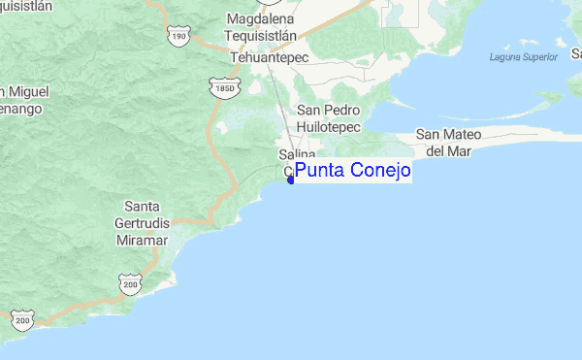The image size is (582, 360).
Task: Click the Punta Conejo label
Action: coord(352,171)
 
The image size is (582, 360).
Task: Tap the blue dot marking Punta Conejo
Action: coord(291,179)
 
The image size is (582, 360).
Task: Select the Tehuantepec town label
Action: coord(268,58)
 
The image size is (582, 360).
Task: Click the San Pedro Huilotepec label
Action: coord(328,119)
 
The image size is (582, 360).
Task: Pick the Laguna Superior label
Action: coord(524,57)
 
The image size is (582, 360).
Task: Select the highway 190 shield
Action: coord(178,36)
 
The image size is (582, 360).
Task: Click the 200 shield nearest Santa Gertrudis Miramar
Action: coord(131,282)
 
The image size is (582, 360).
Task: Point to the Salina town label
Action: coord(298,155)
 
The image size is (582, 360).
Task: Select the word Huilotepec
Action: coord(328,127)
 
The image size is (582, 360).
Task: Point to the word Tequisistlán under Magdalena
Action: coord(266,37)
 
